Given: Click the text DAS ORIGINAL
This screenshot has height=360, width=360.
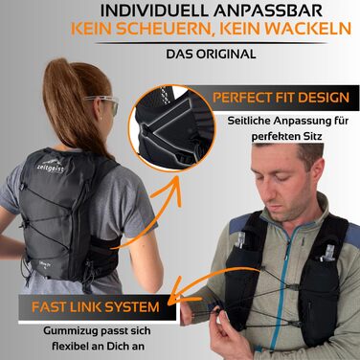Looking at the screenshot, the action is (x=211, y=54).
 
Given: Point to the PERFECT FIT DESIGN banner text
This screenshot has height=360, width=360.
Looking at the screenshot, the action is (x=281, y=98).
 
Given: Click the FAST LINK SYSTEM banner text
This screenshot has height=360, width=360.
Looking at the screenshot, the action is (x=96, y=307).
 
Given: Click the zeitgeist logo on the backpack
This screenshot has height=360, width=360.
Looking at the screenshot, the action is (x=51, y=165).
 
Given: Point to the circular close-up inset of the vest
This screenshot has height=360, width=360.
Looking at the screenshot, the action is (x=172, y=128).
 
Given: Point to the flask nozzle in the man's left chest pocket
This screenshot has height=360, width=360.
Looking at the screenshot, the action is (x=325, y=253).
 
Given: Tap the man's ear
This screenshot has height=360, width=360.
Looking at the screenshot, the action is (x=319, y=179).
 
